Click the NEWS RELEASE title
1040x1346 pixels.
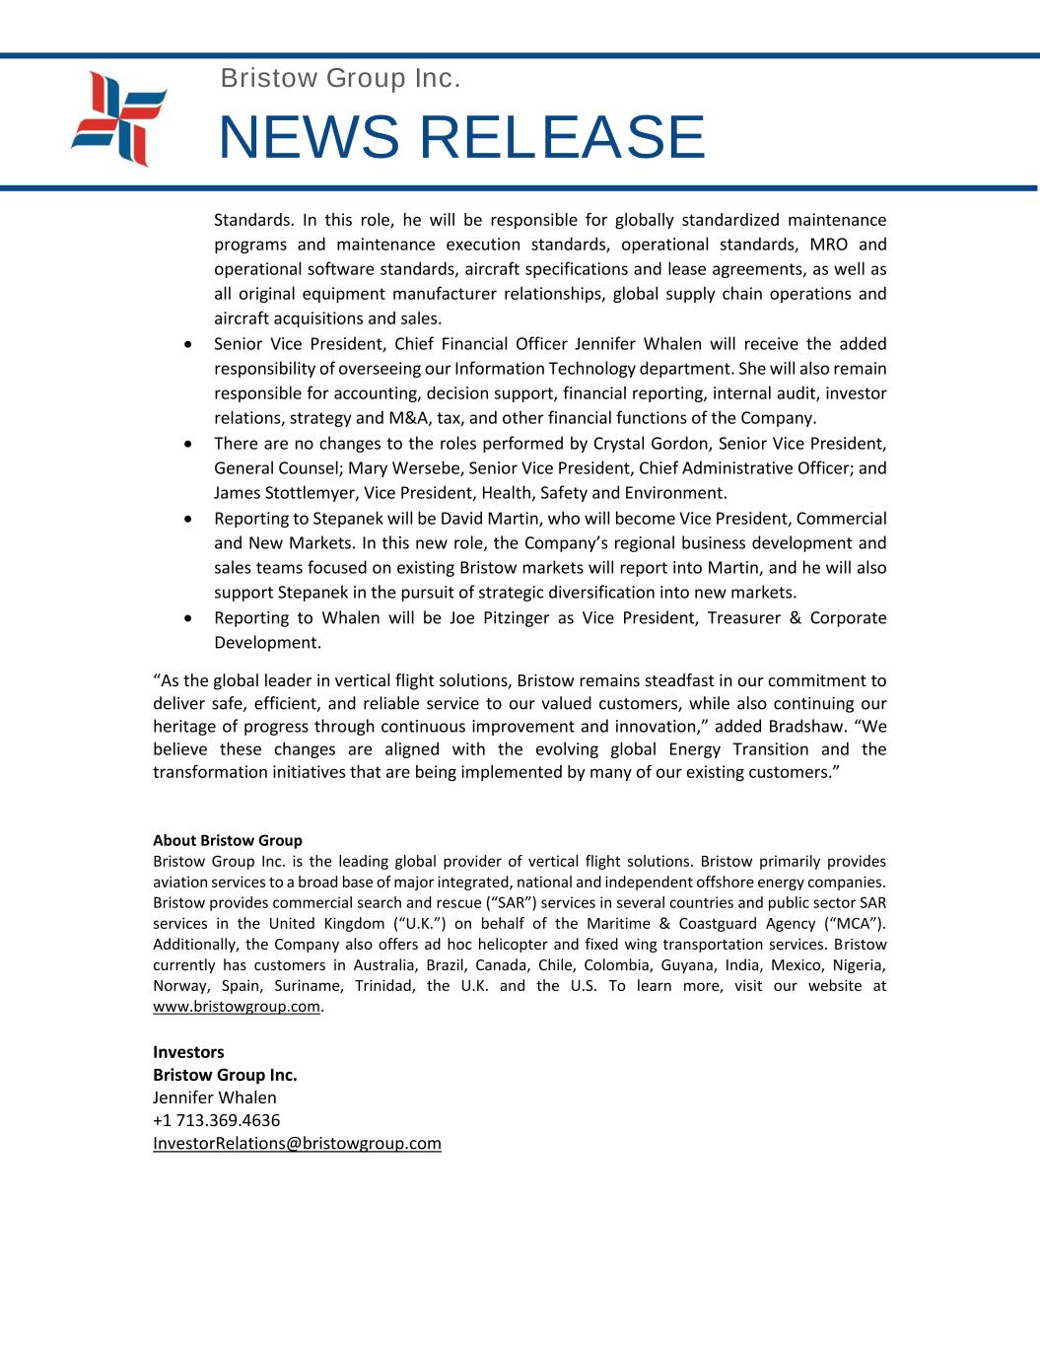(461, 137)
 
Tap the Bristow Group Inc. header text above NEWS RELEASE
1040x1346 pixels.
(340, 78)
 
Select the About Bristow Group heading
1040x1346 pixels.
(228, 840)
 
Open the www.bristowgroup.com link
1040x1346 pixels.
(237, 1007)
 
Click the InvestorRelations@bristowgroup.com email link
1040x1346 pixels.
(297, 1143)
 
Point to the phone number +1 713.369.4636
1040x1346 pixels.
(216, 1120)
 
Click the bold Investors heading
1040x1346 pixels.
(188, 1052)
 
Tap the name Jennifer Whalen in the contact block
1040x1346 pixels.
(215, 1098)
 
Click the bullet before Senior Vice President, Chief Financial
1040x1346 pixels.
(188, 344)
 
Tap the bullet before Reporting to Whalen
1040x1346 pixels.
(188, 618)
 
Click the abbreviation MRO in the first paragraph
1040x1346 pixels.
(828, 245)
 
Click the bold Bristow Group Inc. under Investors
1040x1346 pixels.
(225, 1075)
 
